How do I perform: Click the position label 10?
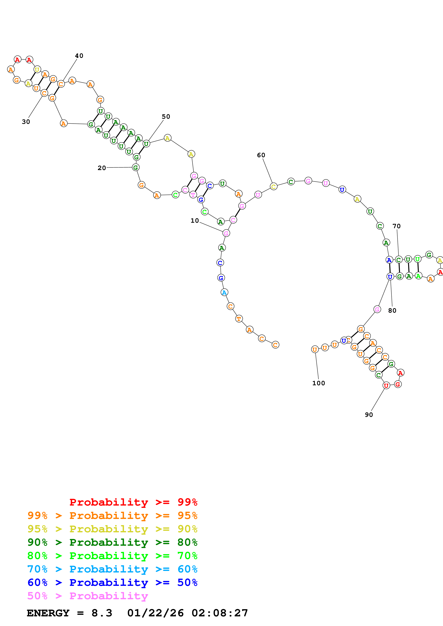(x=195, y=221)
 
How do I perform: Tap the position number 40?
(x=79, y=56)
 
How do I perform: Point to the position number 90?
(x=369, y=415)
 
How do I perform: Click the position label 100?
(x=318, y=383)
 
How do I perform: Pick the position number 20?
(x=102, y=168)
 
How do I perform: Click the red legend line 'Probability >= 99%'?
(x=133, y=502)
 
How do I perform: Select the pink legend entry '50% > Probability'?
(x=88, y=596)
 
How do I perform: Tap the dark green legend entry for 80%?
(x=112, y=542)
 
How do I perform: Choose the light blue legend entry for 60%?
(x=112, y=569)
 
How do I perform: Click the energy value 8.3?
(x=102, y=613)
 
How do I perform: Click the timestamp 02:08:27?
(x=220, y=613)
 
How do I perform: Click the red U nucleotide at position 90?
(x=386, y=385)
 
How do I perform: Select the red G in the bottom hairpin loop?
(x=398, y=384)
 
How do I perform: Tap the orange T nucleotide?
(x=239, y=319)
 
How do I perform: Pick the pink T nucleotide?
(x=193, y=195)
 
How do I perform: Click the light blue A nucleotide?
(x=224, y=292)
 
